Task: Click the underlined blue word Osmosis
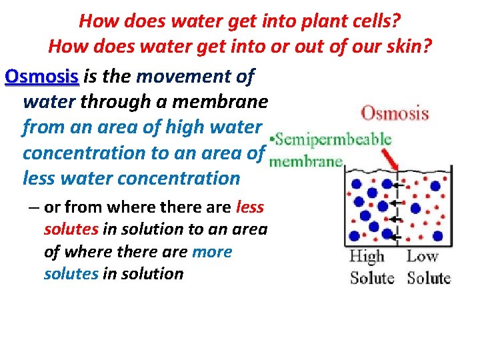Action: tap(41, 77)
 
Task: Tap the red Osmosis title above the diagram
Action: tap(395, 112)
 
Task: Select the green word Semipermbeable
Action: tap(333, 139)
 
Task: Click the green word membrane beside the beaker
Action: tap(306, 161)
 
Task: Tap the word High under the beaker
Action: tap(367, 257)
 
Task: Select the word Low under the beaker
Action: tap(423, 257)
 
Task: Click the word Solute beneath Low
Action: tap(429, 277)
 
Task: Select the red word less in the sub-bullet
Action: tap(250, 207)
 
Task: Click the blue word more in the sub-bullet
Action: tap(212, 252)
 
